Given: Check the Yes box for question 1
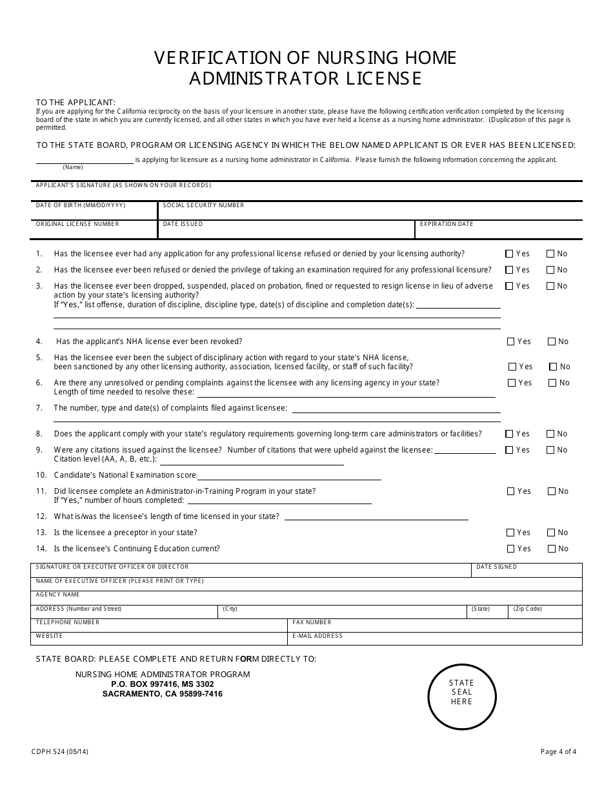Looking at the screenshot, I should point(510,254).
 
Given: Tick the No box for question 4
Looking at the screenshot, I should point(552,341).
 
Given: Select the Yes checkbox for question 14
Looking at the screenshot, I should point(510,549).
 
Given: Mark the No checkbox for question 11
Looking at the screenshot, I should point(552,491).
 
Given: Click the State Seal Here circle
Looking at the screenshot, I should point(461,691).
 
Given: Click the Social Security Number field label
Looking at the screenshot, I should point(203,205).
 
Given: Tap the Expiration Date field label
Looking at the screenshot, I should point(447,224).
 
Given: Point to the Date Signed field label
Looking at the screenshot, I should point(496,567).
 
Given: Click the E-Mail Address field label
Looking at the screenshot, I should point(317,636).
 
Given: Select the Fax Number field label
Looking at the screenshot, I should point(312,622).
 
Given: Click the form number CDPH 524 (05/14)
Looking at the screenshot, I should point(59,751).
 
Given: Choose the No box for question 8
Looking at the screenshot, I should point(550,434).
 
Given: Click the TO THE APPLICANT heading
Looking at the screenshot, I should point(75,103).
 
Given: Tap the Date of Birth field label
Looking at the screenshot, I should point(81,205).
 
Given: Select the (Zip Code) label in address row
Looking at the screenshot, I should point(527,609).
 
